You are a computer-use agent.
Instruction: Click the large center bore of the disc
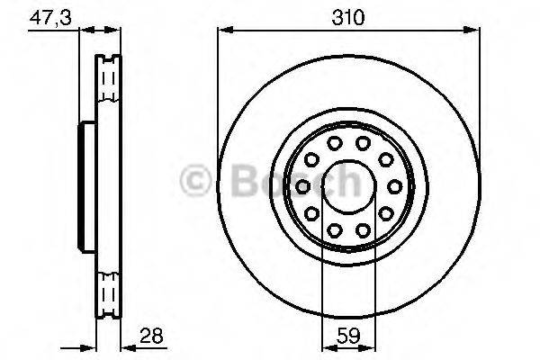coord(347,186)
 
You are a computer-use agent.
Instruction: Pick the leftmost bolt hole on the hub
coord(303,186)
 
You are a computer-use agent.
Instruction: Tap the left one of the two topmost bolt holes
coord(334,144)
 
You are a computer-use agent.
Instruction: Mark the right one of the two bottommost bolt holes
coord(362,229)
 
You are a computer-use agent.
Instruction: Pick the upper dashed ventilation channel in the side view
coord(107,83)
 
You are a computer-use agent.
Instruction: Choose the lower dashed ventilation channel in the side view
coord(107,290)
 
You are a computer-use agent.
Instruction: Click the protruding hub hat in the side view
coord(88,186)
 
